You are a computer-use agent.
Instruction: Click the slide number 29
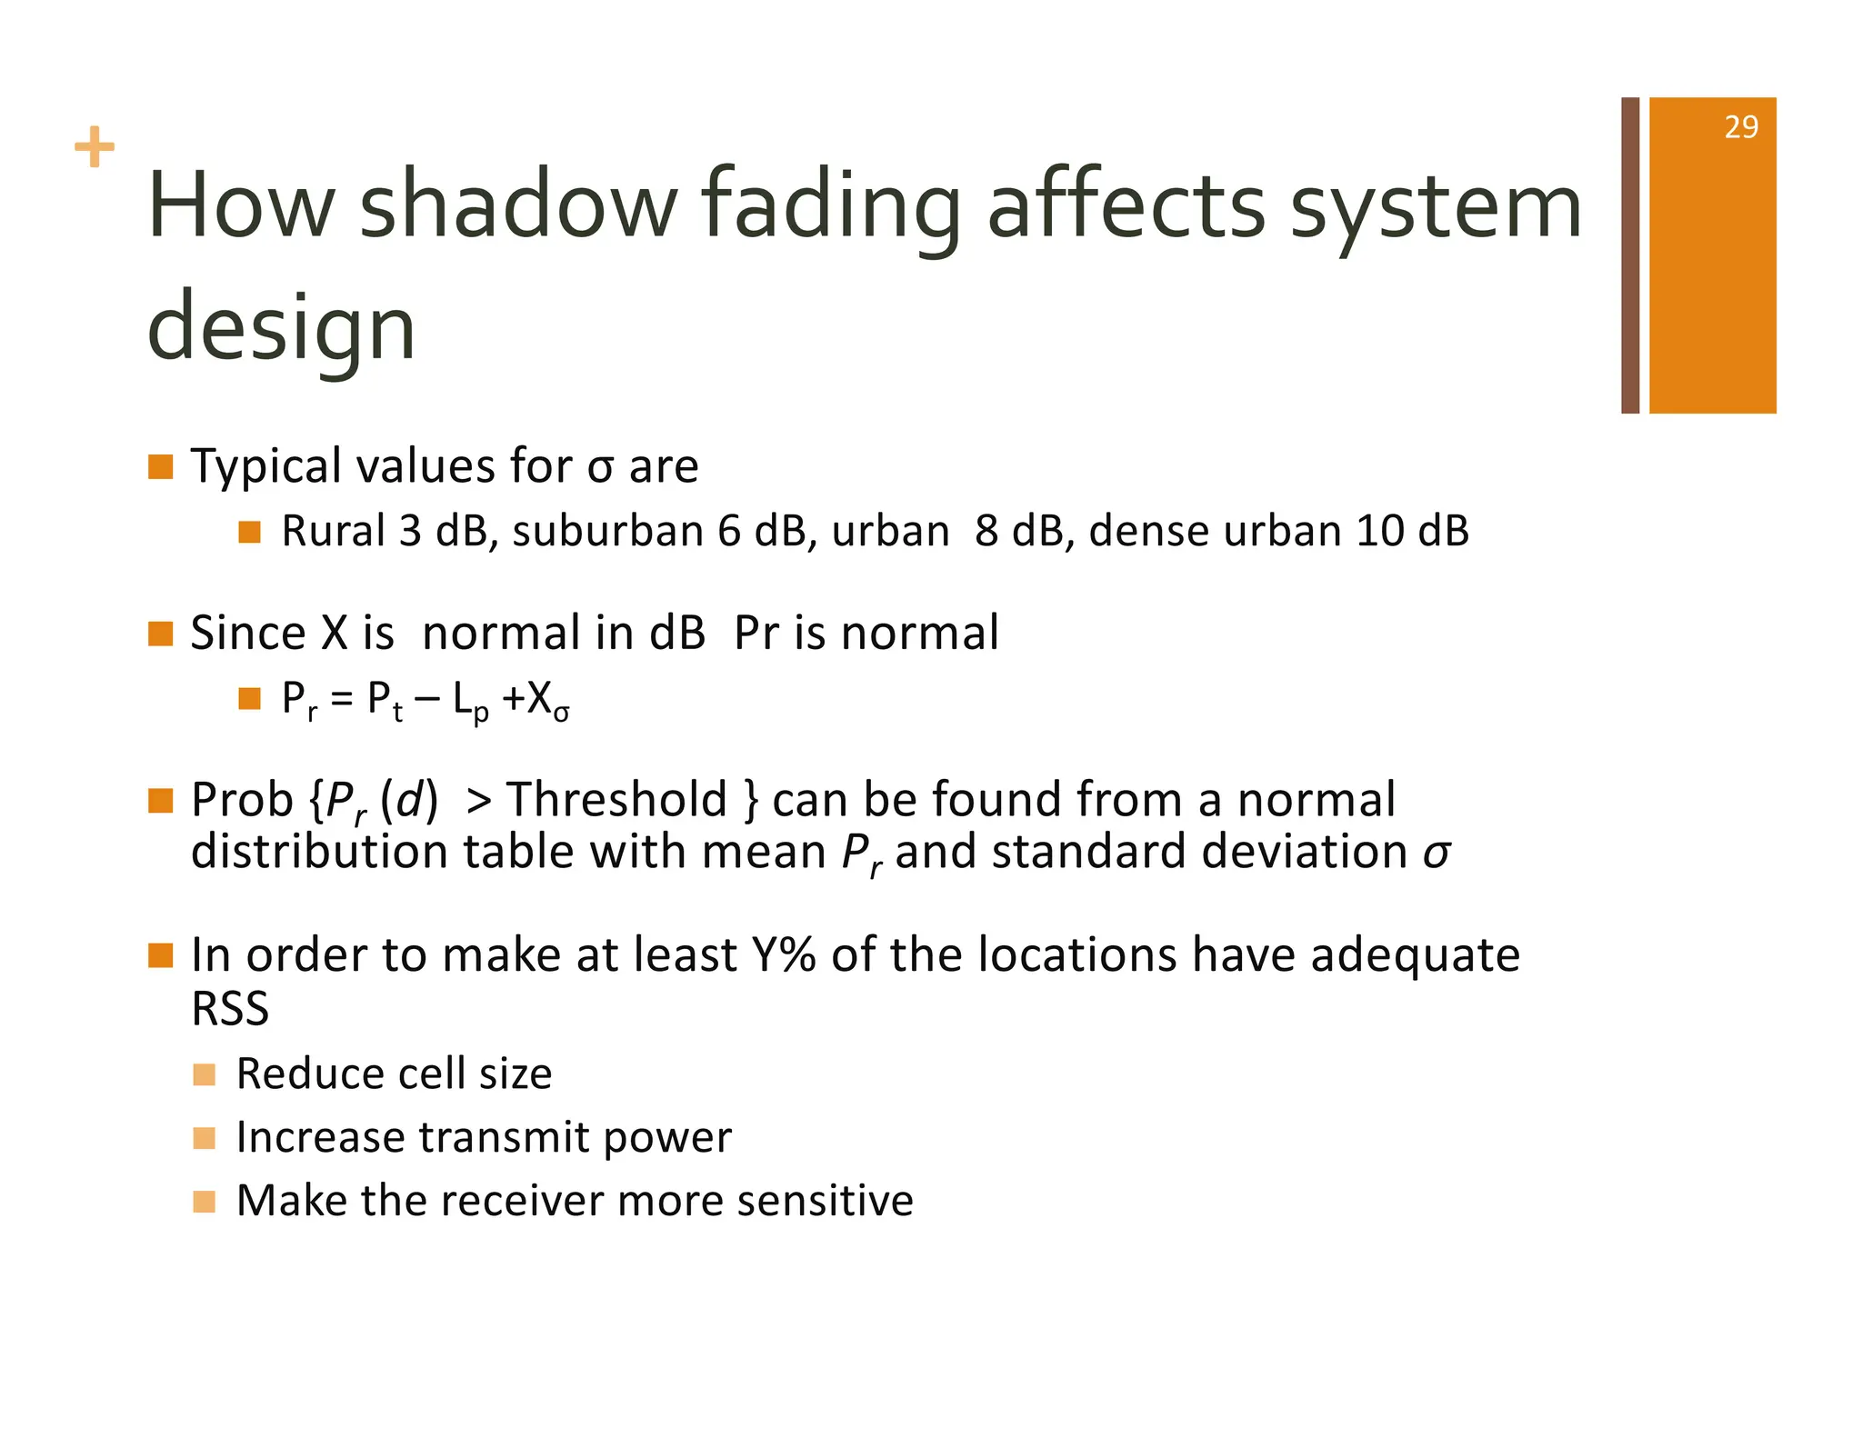pyautogui.click(x=1740, y=127)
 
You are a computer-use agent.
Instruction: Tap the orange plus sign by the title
pyautogui.click(x=95, y=147)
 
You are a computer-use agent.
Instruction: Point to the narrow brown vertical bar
pyautogui.click(x=1629, y=255)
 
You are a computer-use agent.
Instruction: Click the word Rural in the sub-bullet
pyautogui.click(x=334, y=531)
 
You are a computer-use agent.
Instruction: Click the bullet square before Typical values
pyautogui.click(x=161, y=467)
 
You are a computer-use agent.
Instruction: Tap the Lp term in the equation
pyautogui.click(x=470, y=702)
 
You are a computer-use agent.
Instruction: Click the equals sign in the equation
pyautogui.click(x=341, y=700)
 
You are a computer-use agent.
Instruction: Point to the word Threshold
pyautogui.click(x=617, y=800)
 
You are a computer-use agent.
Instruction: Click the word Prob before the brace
pyautogui.click(x=242, y=800)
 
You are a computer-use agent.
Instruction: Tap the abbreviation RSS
pyautogui.click(x=230, y=1009)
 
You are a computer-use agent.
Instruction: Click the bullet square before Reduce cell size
pyautogui.click(x=205, y=1075)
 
